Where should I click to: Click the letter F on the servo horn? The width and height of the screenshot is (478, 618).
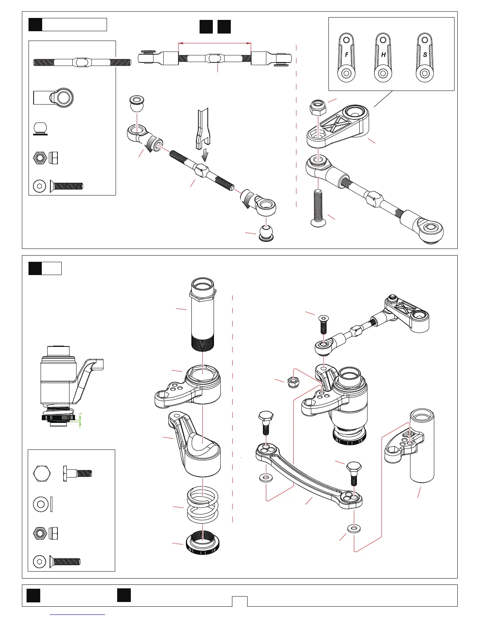pos(346,55)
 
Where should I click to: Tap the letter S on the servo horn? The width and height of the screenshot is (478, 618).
pos(425,55)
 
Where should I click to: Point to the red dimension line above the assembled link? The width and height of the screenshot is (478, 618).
pos(214,43)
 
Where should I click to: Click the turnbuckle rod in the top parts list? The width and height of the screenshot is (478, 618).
pos(82,62)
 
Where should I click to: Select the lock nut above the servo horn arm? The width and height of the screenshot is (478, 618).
pos(317,106)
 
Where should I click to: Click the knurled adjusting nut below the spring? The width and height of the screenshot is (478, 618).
pos(203,542)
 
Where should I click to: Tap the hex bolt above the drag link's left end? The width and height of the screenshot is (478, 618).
pos(266,421)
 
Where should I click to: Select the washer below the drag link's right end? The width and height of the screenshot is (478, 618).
pos(354,529)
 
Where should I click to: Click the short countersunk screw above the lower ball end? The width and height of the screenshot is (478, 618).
pos(323,325)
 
